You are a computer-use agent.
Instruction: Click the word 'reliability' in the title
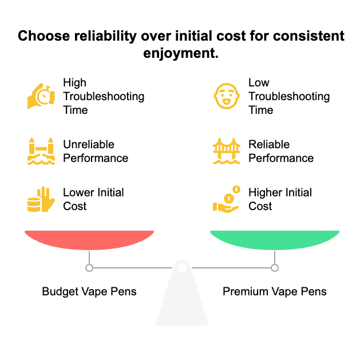point(105,37)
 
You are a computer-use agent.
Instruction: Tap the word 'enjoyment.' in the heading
point(181,54)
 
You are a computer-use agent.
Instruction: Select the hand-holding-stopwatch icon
point(41,96)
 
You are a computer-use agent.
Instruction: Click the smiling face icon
point(227,96)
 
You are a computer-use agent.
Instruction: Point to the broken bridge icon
point(41,151)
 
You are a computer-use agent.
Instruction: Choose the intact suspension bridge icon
point(227,151)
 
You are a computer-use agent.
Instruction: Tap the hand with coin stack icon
point(41,199)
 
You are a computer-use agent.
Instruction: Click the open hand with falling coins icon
point(227,199)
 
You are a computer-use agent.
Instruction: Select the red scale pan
point(89,240)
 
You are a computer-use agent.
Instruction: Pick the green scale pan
point(275,240)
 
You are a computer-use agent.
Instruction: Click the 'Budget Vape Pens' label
point(89,292)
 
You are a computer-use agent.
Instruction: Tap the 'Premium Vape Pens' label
point(275,292)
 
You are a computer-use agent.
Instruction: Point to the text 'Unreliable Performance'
point(96,151)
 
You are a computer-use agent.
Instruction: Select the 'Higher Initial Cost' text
point(280,199)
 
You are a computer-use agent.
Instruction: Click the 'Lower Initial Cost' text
point(93,199)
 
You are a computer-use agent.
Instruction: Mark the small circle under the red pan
point(89,268)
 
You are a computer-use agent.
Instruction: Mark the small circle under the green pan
point(275,268)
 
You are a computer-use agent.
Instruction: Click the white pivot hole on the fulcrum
point(182,268)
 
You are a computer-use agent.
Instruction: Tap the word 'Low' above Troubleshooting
point(259,82)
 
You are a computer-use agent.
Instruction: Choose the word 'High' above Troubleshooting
point(75,83)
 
